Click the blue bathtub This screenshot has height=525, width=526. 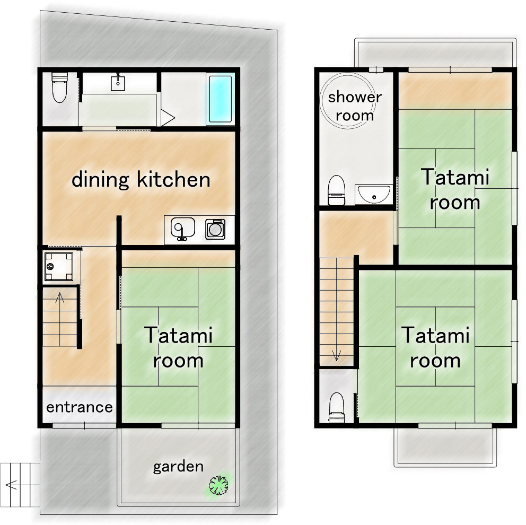pos(220,100)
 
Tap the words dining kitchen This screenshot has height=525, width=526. pos(141,180)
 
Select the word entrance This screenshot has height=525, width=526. pos(80,407)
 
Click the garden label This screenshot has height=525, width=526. pos(178,467)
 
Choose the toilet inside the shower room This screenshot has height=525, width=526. pos(336,191)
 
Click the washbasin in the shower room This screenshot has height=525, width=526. pos(374,195)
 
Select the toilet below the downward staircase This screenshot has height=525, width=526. pos(336,408)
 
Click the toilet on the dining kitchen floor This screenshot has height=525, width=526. pos(59,87)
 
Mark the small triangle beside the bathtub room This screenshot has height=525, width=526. pos(168,117)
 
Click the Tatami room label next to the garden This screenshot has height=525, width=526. pos(178,348)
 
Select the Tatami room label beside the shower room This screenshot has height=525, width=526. pos(455,189)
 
